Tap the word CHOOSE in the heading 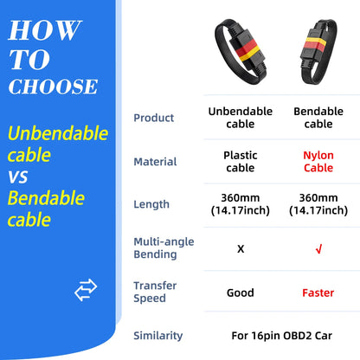[54, 87]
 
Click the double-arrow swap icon [87, 290]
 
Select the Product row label [153, 118]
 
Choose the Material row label [155, 162]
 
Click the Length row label [151, 204]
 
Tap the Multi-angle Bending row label [164, 247]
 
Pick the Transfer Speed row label [156, 292]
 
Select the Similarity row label [158, 335]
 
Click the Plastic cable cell [240, 162]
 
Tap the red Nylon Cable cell [318, 162]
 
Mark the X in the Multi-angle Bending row [240, 248]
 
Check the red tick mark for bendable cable [318, 248]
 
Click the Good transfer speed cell [240, 292]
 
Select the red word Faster [318, 292]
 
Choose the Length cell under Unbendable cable [240, 204]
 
